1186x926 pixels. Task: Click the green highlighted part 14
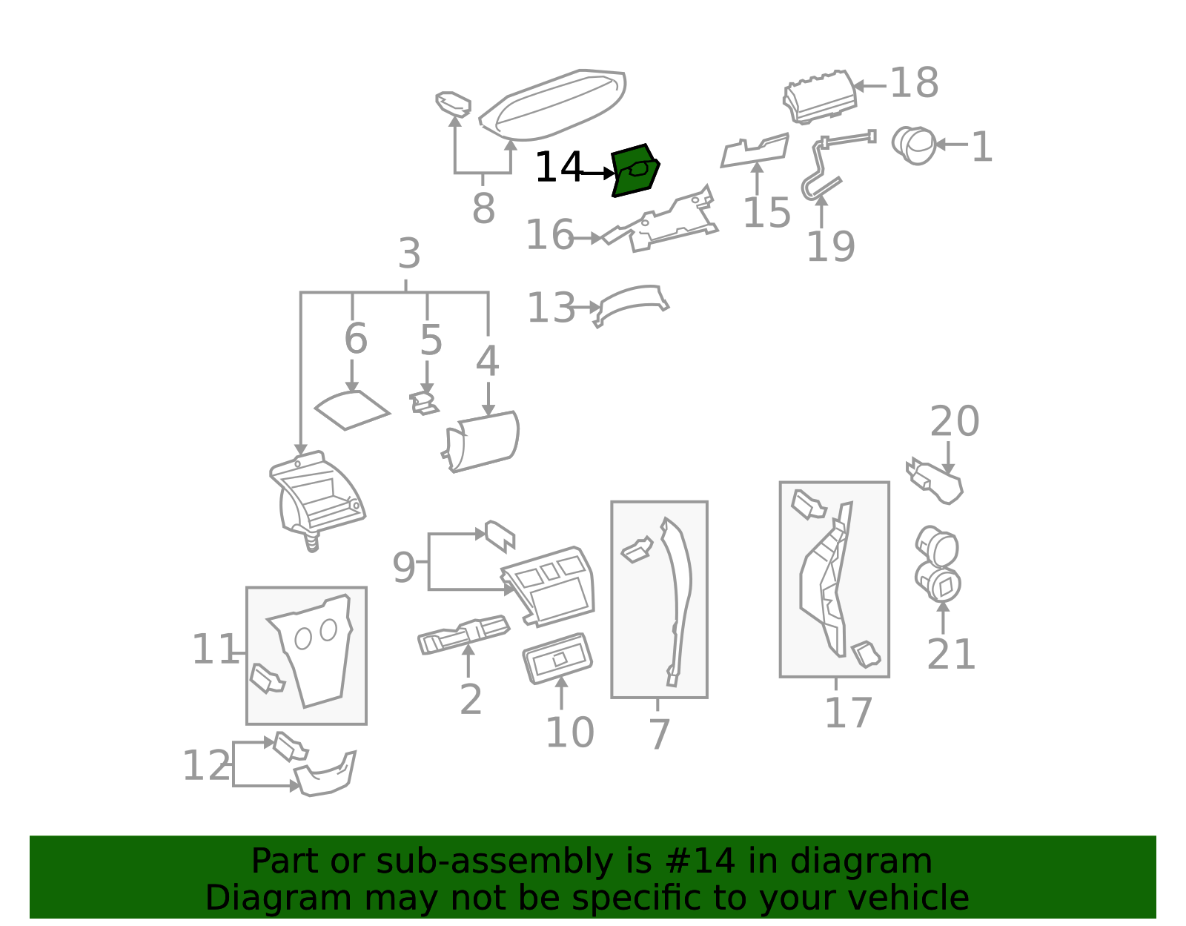pyautogui.click(x=635, y=171)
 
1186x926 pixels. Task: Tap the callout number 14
pyautogui.click(x=558, y=168)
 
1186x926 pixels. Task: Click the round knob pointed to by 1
pyautogui.click(x=915, y=145)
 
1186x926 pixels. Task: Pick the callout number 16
pyautogui.click(x=549, y=235)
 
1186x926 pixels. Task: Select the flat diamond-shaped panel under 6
pyautogui.click(x=351, y=410)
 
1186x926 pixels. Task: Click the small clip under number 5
pyautogui.click(x=424, y=403)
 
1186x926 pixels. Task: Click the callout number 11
pyautogui.click(x=214, y=649)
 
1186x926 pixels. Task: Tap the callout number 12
pyautogui.click(x=206, y=766)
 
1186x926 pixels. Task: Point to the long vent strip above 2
pyautogui.click(x=463, y=635)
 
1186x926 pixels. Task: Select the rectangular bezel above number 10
pyautogui.click(x=557, y=657)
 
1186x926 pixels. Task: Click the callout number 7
pyautogui.click(x=658, y=734)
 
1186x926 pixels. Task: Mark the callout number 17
pyautogui.click(x=848, y=713)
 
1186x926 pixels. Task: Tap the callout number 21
pyautogui.click(x=950, y=654)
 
